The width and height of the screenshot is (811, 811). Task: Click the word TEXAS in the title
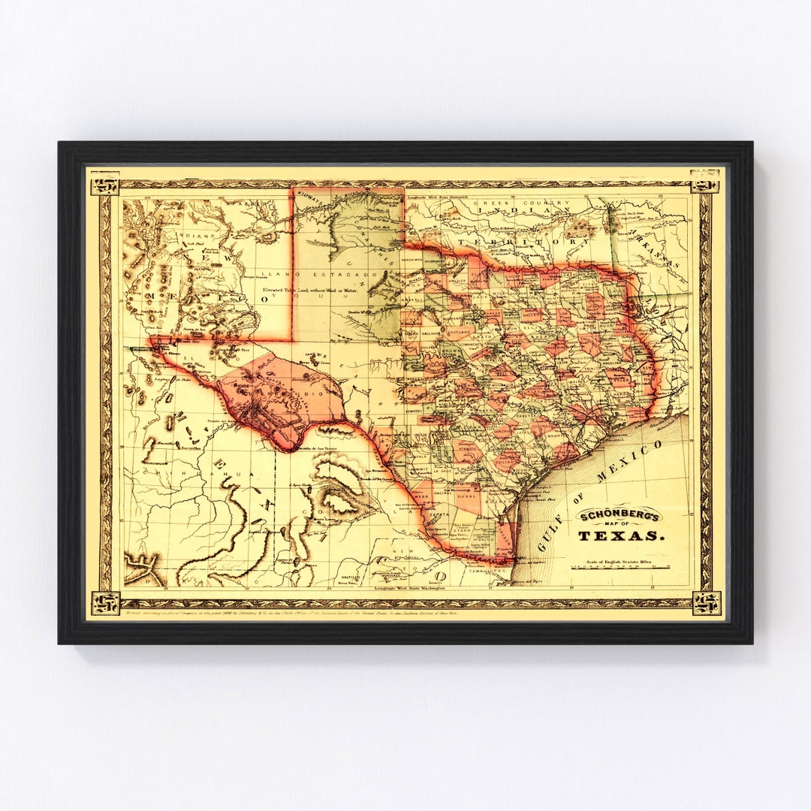coord(621,535)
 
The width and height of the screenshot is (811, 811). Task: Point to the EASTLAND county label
coord(455,330)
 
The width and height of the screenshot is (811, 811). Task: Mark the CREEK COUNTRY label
coord(517,204)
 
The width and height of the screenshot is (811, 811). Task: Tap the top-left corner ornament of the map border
coord(104,182)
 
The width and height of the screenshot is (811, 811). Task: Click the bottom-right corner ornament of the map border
coord(706,602)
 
